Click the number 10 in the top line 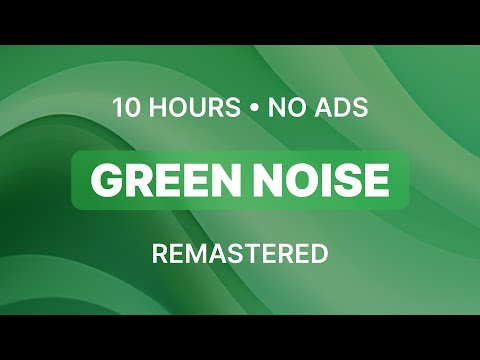(124, 107)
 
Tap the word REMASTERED (240, 254)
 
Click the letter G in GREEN (105, 180)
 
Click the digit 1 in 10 (116, 107)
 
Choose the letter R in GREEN (136, 180)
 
